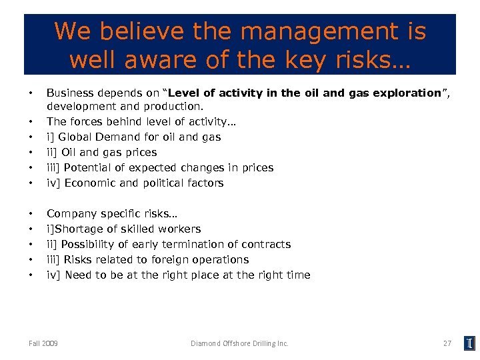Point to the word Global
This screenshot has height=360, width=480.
(77, 137)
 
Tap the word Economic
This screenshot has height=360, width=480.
(90, 183)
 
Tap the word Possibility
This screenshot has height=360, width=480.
(87, 244)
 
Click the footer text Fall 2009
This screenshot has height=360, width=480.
(43, 343)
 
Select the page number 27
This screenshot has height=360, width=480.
(447, 343)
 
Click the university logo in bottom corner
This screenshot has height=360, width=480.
(469, 343)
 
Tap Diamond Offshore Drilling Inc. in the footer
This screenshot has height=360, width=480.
(239, 343)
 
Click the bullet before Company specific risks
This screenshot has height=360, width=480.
(31, 213)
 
